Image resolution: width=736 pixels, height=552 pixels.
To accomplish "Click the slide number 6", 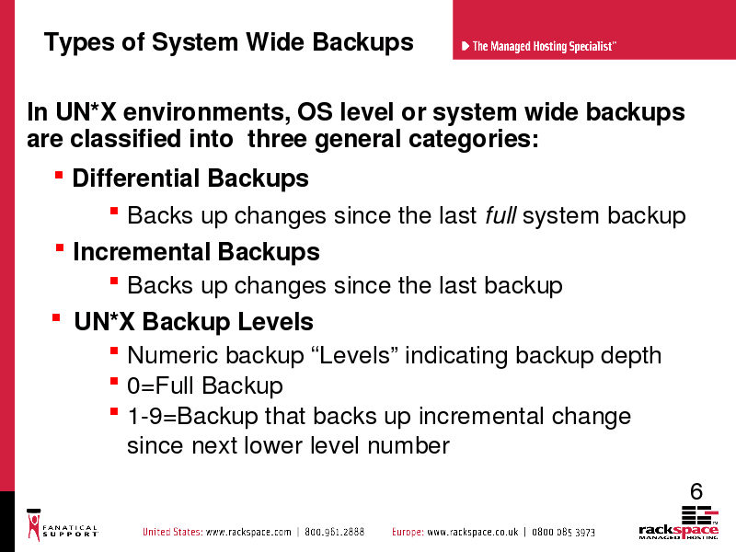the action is (x=696, y=491).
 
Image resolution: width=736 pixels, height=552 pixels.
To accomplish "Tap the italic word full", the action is (x=500, y=215).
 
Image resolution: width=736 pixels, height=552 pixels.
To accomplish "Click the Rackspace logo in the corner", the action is (x=678, y=522).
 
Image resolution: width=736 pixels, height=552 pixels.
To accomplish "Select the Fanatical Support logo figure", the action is (x=34, y=524).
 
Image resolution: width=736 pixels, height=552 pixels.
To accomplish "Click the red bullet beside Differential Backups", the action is (x=59, y=176).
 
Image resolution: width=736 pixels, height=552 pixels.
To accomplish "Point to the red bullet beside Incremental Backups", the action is (x=60, y=247).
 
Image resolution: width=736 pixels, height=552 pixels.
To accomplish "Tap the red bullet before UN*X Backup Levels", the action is (x=56, y=317).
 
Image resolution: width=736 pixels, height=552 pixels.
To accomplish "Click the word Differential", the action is (x=136, y=178).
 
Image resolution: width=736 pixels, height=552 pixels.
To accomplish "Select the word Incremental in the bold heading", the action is (x=142, y=251).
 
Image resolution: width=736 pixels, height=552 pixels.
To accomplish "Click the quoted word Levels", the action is (x=354, y=355).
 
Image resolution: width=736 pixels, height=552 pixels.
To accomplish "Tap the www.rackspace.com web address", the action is (x=248, y=532).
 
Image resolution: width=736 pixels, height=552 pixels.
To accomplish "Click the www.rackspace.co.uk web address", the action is (x=473, y=532).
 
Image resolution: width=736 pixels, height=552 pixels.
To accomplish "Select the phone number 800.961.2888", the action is (x=334, y=532).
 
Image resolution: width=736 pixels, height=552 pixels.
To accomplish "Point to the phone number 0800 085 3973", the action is (x=563, y=533).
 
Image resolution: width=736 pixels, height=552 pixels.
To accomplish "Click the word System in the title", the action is (x=195, y=42).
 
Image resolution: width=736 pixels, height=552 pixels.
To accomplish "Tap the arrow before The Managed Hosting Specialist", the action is (x=466, y=46).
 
